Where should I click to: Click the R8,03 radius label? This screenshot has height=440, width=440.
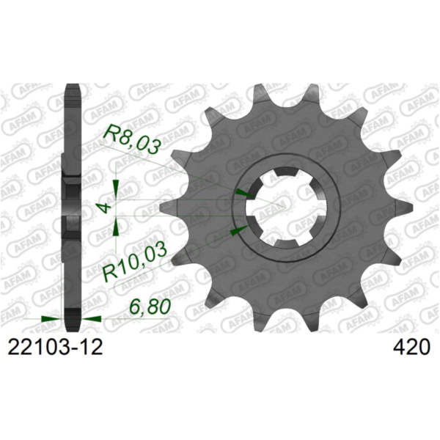click(131, 139)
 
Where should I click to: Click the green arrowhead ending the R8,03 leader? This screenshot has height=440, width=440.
click(243, 194)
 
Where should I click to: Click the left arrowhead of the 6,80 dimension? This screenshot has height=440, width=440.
click(51, 320)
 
